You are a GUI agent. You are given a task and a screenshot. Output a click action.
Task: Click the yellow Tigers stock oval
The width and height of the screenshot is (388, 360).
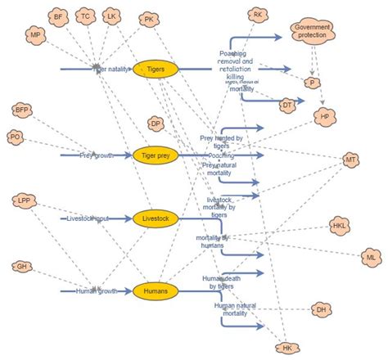coord(156,70)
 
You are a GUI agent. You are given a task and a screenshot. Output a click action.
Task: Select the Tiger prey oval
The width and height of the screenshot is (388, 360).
coord(156,154)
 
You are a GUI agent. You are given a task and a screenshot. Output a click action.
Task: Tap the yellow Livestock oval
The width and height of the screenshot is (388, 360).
coord(156,219)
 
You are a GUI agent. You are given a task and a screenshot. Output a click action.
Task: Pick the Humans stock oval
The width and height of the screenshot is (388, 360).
coord(156,290)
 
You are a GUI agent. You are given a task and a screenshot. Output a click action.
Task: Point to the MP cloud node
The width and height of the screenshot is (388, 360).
coord(34,36)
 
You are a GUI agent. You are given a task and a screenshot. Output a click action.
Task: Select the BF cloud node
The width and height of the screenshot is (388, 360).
coord(57,16)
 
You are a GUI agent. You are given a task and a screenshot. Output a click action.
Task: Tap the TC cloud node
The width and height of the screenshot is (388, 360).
coord(85,16)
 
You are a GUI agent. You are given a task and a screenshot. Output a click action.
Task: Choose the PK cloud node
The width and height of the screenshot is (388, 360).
coord(148,19)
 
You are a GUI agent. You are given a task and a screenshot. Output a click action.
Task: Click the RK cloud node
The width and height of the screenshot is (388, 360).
coord(258,15)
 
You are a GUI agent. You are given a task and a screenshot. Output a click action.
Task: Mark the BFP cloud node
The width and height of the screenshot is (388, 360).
coord(22,109)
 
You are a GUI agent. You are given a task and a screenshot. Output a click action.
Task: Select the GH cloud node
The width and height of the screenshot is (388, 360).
coord(21,267)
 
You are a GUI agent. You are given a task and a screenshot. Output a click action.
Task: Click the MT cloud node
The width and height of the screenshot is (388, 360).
coord(350,159)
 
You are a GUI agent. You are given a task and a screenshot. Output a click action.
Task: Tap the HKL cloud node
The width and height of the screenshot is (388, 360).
coord(338,225)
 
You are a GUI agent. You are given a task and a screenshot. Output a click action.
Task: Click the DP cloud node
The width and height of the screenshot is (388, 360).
coord(156,124)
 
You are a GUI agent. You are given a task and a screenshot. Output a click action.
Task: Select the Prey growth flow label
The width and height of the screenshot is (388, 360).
coord(97,154)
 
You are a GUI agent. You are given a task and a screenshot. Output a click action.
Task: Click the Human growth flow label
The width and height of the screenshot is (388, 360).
coord(96,290)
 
